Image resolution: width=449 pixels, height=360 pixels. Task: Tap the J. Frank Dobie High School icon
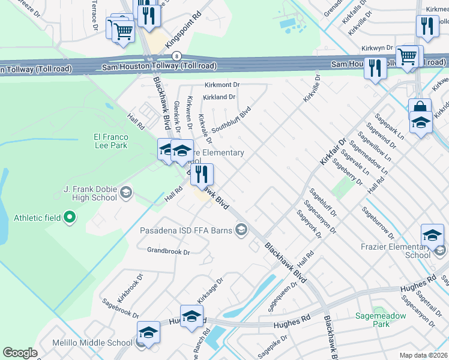(125, 193)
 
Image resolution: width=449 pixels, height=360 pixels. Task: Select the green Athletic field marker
(70, 217)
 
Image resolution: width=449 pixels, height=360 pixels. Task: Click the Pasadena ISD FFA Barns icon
(241, 229)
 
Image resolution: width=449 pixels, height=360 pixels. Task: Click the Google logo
(20, 353)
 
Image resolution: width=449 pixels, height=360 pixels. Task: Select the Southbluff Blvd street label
(230, 120)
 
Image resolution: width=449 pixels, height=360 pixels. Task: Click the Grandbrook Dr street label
(168, 252)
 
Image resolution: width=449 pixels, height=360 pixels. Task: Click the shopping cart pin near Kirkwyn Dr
(408, 56)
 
